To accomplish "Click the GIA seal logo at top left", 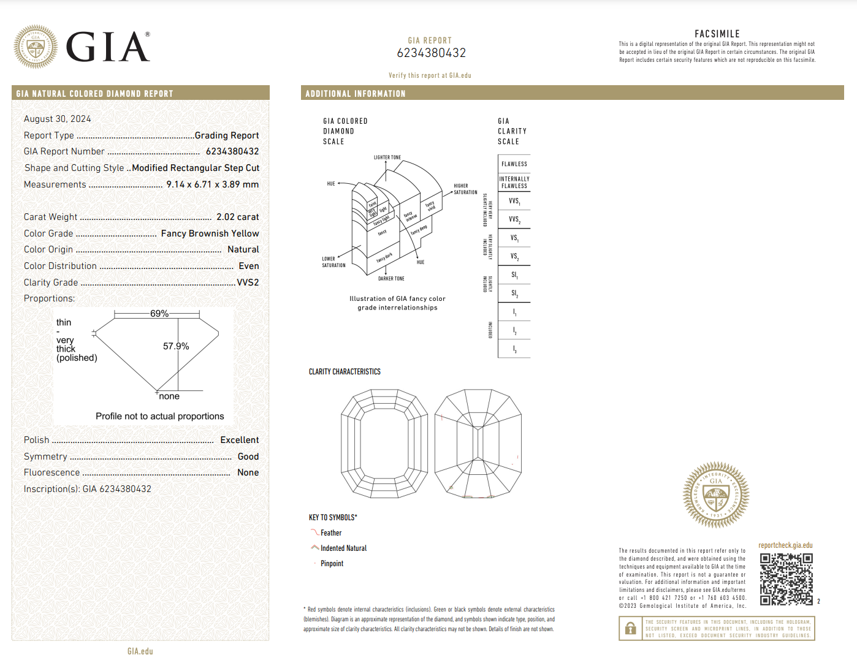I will click(x=36, y=47).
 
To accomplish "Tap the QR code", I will click(x=787, y=579).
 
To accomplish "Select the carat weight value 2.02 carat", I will click(x=237, y=217).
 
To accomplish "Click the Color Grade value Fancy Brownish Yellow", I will click(x=210, y=233).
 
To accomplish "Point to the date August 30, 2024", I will click(x=58, y=119).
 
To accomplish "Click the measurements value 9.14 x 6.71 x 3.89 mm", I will click(x=212, y=184).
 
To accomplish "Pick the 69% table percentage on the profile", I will click(x=159, y=314).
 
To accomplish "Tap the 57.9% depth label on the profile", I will click(x=176, y=346).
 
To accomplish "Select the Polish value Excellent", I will click(x=239, y=440).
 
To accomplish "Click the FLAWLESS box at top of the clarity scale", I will click(x=514, y=164).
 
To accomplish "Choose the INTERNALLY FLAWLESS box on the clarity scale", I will click(x=514, y=183).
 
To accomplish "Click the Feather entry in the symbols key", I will click(x=331, y=533).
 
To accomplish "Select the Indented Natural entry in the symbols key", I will click(x=343, y=548).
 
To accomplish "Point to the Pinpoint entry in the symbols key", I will click(x=332, y=564).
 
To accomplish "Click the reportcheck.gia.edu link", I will click(x=785, y=545).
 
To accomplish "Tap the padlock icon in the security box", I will click(x=630, y=629).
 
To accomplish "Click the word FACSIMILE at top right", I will click(x=717, y=34).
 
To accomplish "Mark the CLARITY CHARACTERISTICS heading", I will click(x=345, y=372).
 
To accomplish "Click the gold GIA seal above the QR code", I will click(x=716, y=495).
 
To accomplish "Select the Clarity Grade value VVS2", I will click(x=248, y=282).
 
